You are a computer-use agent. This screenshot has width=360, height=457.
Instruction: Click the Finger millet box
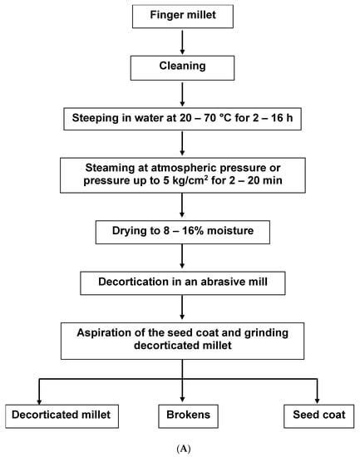click(180, 15)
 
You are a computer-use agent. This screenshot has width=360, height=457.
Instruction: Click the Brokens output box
click(180, 412)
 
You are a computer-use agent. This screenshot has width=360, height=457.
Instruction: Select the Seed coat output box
click(317, 412)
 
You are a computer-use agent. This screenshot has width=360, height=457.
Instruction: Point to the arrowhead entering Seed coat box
click(317, 396)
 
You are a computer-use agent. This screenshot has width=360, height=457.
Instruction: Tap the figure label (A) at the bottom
click(180, 447)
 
